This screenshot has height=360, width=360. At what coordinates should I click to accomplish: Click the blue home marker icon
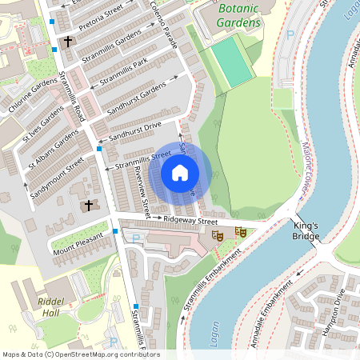pos(180,172)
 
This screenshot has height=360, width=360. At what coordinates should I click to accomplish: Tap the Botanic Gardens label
pos(238,16)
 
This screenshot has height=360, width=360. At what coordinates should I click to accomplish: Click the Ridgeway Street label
pos(191,219)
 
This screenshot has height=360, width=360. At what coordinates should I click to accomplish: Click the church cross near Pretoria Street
pos(68,41)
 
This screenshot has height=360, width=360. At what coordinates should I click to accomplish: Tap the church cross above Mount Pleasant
pos(89,206)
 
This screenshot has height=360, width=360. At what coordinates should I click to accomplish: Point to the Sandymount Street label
pos(57,178)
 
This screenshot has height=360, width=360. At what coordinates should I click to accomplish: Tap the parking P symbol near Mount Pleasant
pos(134,238)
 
